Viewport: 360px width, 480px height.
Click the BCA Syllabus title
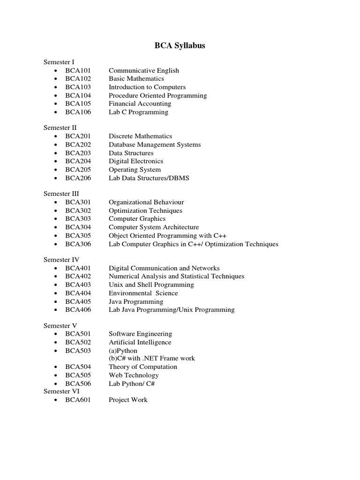(x=180, y=46)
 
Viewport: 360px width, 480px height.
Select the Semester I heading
(x=59, y=62)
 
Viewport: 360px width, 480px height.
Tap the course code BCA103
(x=78, y=87)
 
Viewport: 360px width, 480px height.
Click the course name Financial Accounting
(x=135, y=104)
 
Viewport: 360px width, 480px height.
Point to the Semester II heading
(x=60, y=127)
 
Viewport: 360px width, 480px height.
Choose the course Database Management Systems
(x=155, y=144)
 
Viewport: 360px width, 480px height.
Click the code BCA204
(x=78, y=161)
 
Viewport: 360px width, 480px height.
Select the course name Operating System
(x=135, y=170)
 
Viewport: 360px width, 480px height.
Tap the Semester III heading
(x=61, y=194)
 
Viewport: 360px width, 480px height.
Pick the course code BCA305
(x=78, y=235)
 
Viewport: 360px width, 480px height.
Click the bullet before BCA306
(x=56, y=244)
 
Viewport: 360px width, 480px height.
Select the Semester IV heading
(x=61, y=259)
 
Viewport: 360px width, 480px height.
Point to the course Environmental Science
(x=143, y=293)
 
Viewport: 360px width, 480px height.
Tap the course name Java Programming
(x=136, y=301)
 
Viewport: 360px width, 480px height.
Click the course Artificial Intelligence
(x=140, y=342)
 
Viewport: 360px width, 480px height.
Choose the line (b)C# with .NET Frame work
(x=152, y=358)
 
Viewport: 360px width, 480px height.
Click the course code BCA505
(x=78, y=375)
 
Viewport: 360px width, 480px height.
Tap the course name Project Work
(x=128, y=400)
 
